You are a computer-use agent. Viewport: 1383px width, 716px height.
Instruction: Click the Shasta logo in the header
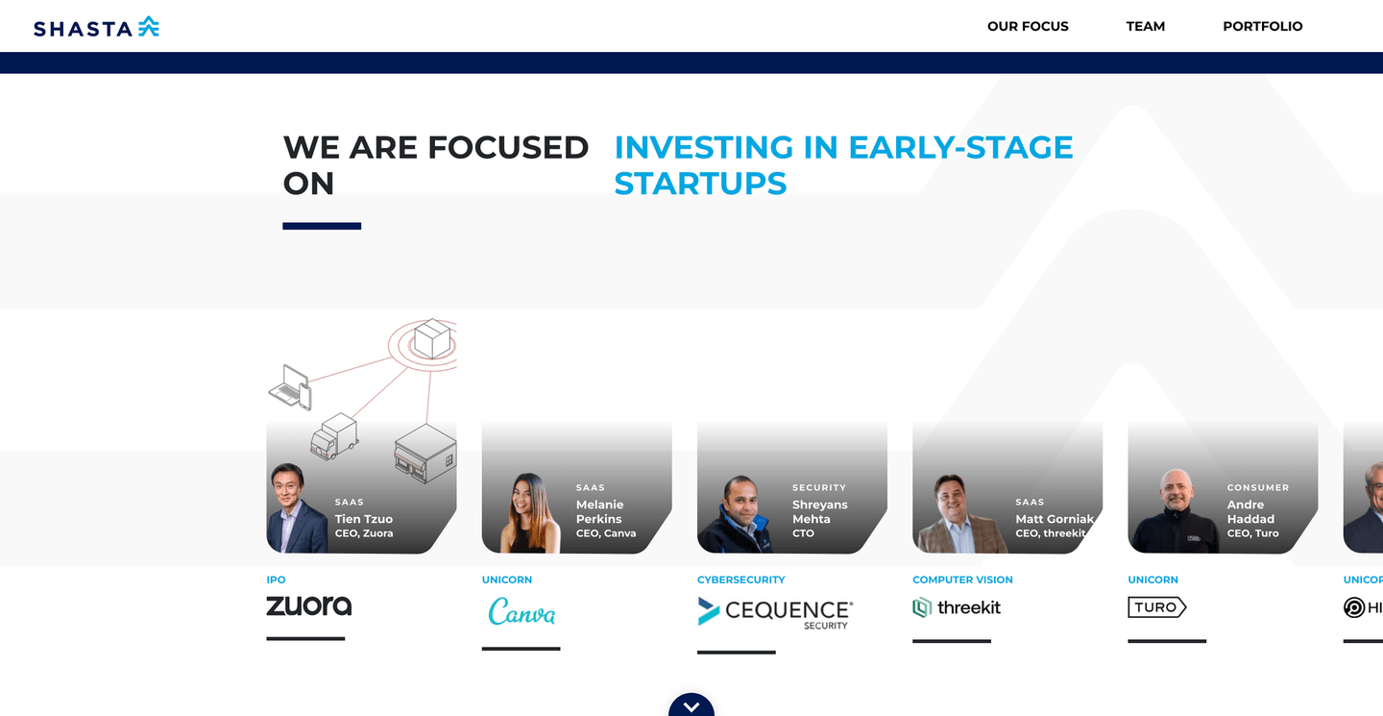pyautogui.click(x=96, y=27)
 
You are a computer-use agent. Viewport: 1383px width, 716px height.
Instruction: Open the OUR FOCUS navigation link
pyautogui.click(x=1028, y=26)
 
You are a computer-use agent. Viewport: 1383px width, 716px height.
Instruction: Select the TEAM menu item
pyautogui.click(x=1145, y=26)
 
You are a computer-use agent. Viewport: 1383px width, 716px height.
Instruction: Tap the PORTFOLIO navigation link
pyautogui.click(x=1262, y=26)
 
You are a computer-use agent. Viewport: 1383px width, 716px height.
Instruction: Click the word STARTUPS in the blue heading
pyautogui.click(x=700, y=183)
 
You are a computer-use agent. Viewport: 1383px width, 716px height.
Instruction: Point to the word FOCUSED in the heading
pyautogui.click(x=507, y=147)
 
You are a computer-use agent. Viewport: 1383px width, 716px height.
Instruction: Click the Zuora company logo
pyautogui.click(x=308, y=605)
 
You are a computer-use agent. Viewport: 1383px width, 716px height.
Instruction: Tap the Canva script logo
pyautogui.click(x=522, y=611)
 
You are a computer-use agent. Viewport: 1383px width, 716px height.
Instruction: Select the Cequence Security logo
pyautogui.click(x=775, y=612)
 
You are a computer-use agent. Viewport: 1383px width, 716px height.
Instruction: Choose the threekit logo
pyautogui.click(x=957, y=607)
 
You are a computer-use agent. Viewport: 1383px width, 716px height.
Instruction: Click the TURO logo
pyautogui.click(x=1156, y=607)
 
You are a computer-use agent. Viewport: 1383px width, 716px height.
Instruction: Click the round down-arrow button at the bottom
pyautogui.click(x=691, y=706)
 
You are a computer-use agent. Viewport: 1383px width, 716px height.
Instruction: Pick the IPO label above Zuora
pyautogui.click(x=276, y=580)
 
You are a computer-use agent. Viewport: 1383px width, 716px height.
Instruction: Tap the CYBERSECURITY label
pyautogui.click(x=740, y=580)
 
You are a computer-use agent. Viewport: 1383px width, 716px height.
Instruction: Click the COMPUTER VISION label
pyautogui.click(x=962, y=580)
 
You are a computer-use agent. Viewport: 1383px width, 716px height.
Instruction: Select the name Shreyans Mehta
pyautogui.click(x=819, y=511)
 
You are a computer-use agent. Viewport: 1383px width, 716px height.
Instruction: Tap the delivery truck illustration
pyautogui.click(x=334, y=436)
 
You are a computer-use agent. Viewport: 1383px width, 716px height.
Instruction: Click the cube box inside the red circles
pyautogui.click(x=432, y=338)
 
